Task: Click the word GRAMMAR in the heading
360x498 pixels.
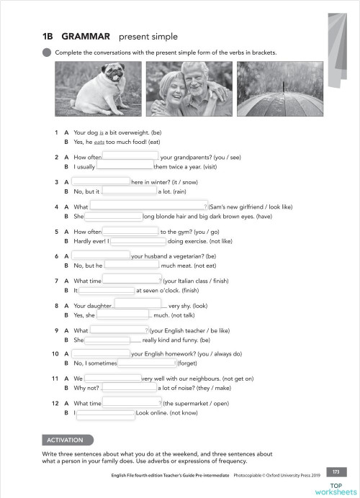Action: tap(86, 36)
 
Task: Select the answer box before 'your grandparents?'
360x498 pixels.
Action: tap(131, 155)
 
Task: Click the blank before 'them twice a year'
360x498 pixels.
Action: tap(125, 166)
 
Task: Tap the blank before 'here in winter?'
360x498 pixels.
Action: tap(101, 181)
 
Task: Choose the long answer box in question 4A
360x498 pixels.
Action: tap(148, 207)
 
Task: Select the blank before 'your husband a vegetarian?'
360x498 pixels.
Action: tap(101, 255)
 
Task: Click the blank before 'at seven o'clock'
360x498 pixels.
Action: tap(106, 290)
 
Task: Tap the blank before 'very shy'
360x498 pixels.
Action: tap(138, 304)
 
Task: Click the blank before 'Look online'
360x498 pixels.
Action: tap(106, 414)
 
